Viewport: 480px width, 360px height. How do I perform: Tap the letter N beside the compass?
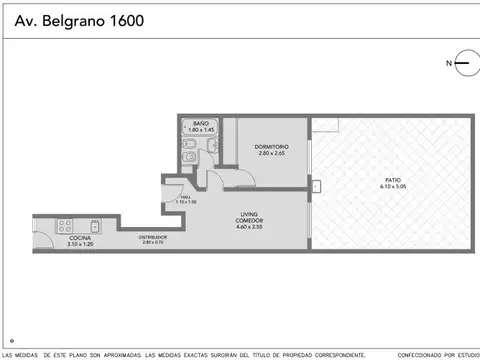coord(448,63)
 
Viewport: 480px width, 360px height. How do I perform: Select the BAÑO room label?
coord(201,123)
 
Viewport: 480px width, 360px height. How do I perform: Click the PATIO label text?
coord(390,180)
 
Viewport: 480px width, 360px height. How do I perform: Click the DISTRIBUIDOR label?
coord(153,236)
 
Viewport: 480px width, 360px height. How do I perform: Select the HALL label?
coord(186,197)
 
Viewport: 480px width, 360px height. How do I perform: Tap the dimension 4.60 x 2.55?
coord(248,227)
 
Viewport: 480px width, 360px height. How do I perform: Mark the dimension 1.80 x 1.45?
coord(201,130)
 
